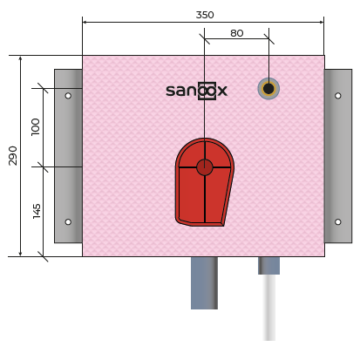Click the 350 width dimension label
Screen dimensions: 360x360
click(205, 15)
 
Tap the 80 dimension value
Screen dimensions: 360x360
click(237, 33)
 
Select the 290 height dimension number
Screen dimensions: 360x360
click(13, 156)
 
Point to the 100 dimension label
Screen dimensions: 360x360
click(36, 126)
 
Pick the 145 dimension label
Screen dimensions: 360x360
click(37, 211)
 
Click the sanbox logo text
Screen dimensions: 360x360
click(196, 91)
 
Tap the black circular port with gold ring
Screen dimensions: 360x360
click(268, 89)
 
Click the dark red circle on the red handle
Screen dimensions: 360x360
click(205, 167)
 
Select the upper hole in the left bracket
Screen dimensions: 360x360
click(68, 96)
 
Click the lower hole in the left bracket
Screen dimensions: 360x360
click(68, 222)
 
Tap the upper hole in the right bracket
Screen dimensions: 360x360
click(338, 96)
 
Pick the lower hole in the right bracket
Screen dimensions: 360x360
click(338, 222)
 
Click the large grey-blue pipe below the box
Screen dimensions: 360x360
click(204, 283)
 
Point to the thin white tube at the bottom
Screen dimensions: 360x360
click(269, 308)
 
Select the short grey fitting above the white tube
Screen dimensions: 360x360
click(268, 266)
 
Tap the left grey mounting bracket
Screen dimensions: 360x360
click(68, 156)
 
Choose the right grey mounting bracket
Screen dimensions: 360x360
click(338, 156)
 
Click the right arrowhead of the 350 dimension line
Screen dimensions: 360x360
click(322, 22)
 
